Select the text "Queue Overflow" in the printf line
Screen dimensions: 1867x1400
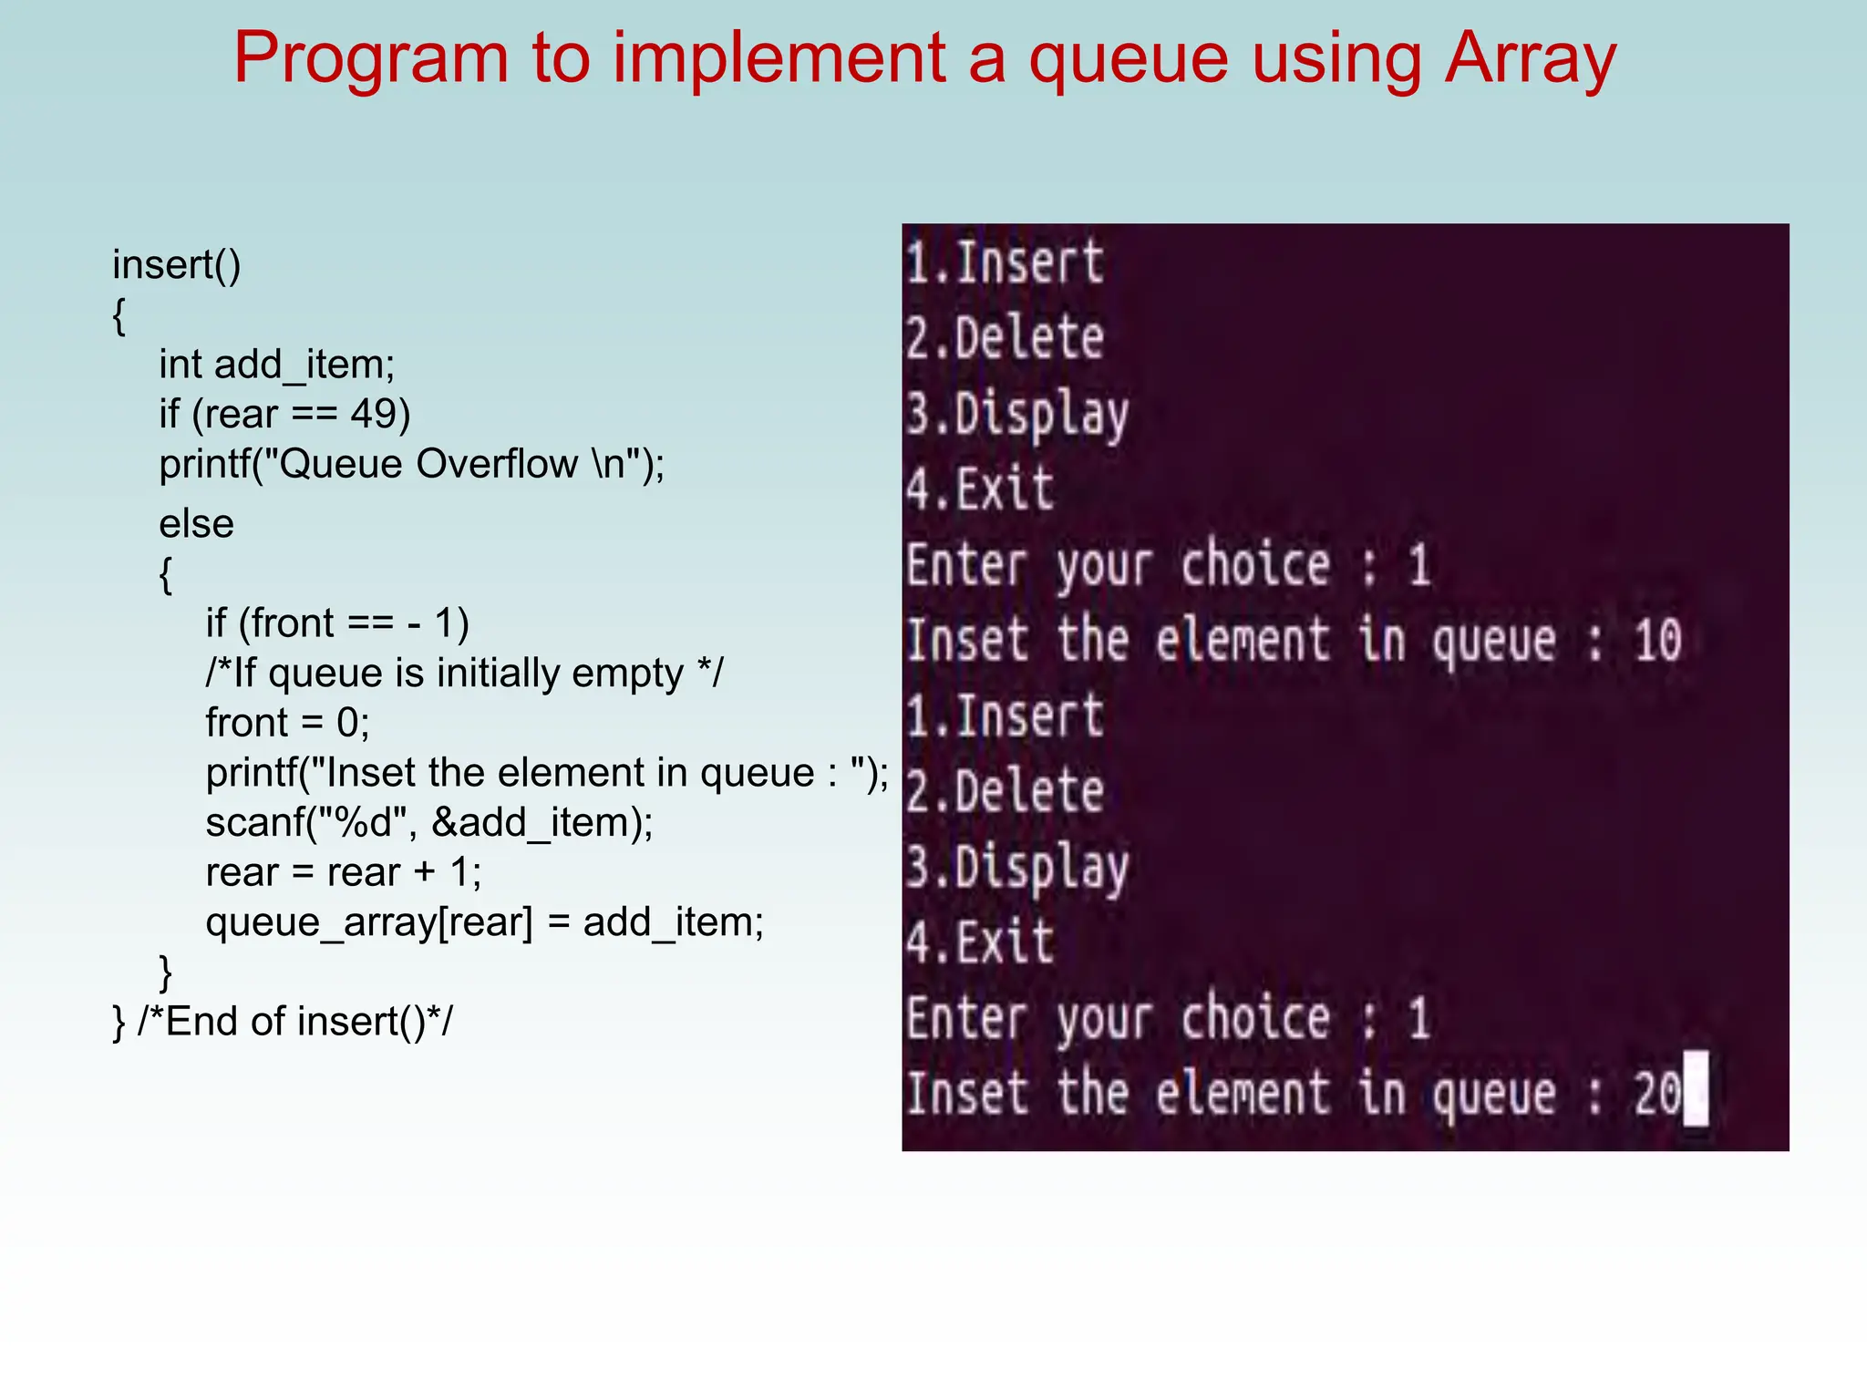tap(428, 465)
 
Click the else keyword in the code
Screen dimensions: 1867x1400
tap(196, 524)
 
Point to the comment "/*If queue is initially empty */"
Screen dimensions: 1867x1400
tap(464, 674)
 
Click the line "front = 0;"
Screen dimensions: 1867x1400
tap(287, 723)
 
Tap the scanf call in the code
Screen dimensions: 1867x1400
tap(428, 823)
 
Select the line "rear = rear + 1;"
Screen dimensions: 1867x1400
tap(343, 872)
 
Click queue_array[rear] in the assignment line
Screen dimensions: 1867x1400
tap(369, 922)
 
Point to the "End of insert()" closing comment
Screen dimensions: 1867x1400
tap(294, 1022)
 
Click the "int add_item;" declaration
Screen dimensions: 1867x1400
tap(276, 365)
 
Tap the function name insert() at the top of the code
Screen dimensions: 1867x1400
tap(176, 265)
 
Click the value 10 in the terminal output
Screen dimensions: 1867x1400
tap(1657, 640)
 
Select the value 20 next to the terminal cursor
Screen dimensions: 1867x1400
tap(1656, 1093)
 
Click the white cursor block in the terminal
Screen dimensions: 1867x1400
tap(1695, 1089)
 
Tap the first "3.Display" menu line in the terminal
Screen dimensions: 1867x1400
tap(1016, 415)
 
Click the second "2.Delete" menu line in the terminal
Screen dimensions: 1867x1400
tap(1005, 791)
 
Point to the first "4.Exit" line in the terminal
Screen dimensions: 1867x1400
tap(980, 489)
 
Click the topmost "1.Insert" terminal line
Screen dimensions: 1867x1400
tap(1005, 263)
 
